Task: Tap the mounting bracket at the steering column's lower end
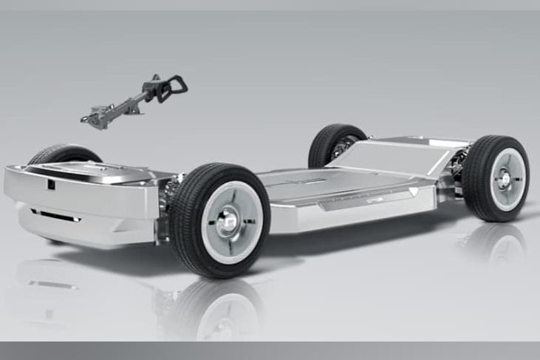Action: pyautogui.click(x=96, y=117)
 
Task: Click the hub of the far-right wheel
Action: pyautogui.click(x=506, y=178)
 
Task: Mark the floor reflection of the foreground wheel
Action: pyautogui.click(x=222, y=310)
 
